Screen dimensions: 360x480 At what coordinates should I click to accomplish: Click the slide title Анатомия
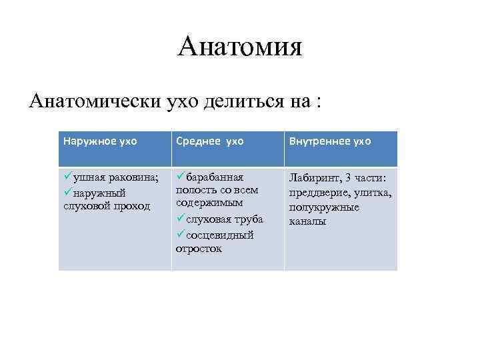[x=240, y=47]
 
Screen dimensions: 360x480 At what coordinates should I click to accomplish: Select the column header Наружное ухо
[x=100, y=141]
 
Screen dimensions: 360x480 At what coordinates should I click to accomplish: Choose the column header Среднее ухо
[x=210, y=141]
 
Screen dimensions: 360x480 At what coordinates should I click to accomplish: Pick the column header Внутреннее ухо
[x=329, y=141]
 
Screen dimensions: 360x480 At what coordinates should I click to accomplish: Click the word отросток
[x=199, y=249]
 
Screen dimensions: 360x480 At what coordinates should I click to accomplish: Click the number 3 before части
[x=349, y=178]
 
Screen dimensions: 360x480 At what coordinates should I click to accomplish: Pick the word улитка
[x=373, y=193]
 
